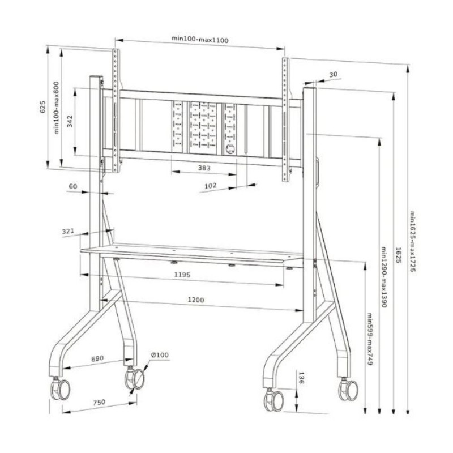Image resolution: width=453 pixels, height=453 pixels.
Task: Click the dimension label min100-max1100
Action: [x=200, y=39]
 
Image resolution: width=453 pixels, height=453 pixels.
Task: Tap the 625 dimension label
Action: [x=42, y=106]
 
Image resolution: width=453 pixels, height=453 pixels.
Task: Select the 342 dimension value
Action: [x=70, y=121]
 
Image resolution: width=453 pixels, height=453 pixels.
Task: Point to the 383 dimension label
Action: [x=204, y=168]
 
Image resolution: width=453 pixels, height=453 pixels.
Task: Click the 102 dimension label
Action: [x=210, y=186]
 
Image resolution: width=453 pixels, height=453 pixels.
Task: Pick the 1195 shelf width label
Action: [x=182, y=275]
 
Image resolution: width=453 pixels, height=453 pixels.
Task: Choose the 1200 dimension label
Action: [x=196, y=300]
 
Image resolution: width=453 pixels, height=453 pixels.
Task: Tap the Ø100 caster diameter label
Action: [x=160, y=355]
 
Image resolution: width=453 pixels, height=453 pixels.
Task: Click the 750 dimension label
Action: [x=99, y=402]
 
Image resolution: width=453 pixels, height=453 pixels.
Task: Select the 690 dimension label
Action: [x=97, y=358]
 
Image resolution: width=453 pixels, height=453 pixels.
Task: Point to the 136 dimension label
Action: [x=301, y=378]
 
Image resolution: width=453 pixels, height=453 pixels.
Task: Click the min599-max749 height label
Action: [x=370, y=339]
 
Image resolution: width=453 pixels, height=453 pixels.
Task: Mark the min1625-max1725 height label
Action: [x=413, y=242]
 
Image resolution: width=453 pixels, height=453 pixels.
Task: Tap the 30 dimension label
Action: [x=333, y=74]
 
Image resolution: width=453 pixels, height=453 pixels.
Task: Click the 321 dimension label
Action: [x=68, y=231]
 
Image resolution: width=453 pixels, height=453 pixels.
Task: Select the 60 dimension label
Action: [x=73, y=186]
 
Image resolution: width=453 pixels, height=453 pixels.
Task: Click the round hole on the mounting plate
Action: [x=230, y=149]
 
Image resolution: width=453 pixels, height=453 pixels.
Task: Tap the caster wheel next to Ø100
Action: [x=135, y=379]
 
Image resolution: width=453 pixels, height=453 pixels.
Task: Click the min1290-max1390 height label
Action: [x=384, y=277]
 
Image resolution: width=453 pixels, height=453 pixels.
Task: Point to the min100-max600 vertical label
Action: [x=56, y=108]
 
